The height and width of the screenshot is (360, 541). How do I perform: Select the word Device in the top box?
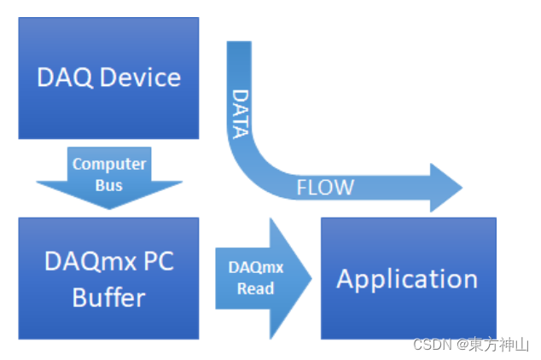tap(140, 78)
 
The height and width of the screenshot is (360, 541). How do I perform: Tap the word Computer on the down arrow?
tap(109, 164)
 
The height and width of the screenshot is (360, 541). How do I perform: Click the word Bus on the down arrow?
tap(109, 185)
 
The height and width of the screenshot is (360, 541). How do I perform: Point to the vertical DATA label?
tap(241, 113)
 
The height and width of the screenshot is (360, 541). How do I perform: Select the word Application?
tap(407, 279)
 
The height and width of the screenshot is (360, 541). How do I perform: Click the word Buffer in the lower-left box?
tap(108, 298)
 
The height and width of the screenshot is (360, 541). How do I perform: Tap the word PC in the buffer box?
tap(154, 261)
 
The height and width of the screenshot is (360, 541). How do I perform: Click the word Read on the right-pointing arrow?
tap(256, 288)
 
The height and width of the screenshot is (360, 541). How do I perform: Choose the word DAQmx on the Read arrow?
tap(256, 267)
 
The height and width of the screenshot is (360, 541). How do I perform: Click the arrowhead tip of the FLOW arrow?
tap(461, 188)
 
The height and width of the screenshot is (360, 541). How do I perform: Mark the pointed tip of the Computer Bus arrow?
tap(109, 209)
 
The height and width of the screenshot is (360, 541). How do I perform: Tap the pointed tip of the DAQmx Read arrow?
tap(311, 278)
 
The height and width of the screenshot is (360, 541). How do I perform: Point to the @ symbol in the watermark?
tap(462, 345)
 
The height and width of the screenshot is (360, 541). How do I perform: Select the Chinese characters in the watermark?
tap(499, 345)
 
